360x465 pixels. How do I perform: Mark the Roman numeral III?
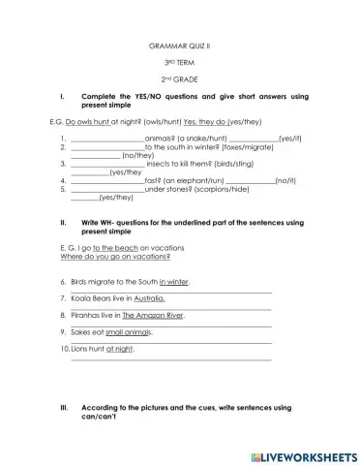64,408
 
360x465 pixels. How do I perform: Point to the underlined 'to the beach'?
111,248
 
